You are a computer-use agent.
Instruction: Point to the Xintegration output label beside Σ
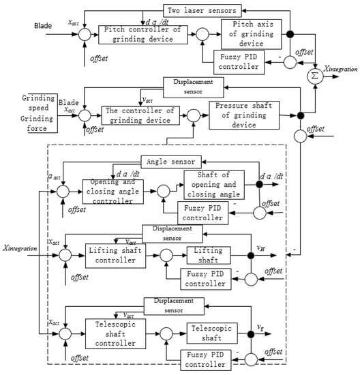tap(341, 70)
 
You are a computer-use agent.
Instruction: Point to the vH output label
tap(260, 248)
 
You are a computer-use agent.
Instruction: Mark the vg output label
tap(260, 325)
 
